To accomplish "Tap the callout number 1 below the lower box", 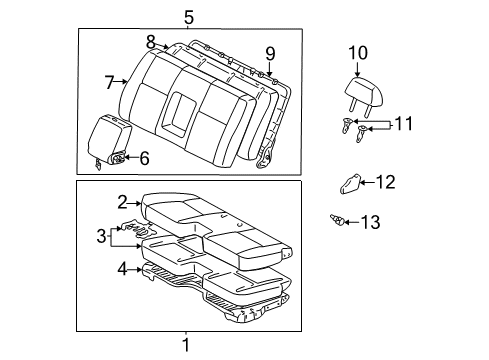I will tap(185, 346).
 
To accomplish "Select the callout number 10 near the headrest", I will tap(358, 53).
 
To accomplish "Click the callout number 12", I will tap(386, 181).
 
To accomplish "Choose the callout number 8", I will tap(151, 42).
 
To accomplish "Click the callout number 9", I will tap(270, 53).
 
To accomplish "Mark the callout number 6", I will tap(143, 157).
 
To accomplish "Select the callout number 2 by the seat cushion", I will tap(122, 202).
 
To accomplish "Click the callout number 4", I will tap(123, 267).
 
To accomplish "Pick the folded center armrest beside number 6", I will tap(110, 136).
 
